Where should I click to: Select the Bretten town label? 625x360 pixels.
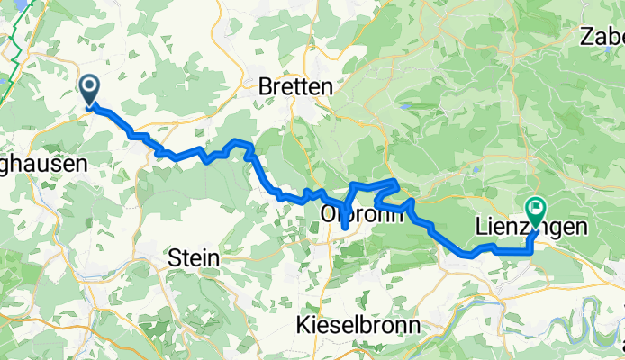295,87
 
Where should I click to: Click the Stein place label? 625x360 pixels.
194,258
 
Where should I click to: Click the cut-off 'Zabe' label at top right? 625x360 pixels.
602,37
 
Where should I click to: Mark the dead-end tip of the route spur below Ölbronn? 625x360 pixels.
345,239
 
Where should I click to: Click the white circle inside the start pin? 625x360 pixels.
91,86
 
